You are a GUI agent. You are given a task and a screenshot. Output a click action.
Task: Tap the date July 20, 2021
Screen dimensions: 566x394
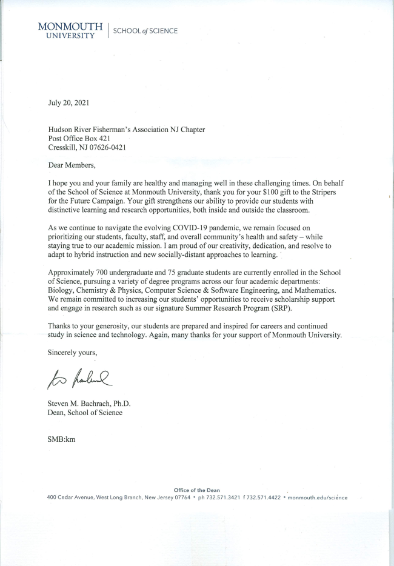68,102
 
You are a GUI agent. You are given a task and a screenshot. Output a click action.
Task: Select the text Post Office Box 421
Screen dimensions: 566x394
79,138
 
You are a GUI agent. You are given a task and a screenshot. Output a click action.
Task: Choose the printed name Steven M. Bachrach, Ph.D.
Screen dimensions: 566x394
89,404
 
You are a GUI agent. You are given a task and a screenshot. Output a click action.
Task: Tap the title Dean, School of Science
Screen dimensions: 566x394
85,413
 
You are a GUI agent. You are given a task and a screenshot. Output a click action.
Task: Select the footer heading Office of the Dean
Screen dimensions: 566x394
196,490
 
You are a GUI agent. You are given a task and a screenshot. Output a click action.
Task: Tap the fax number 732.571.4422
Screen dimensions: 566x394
264,498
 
